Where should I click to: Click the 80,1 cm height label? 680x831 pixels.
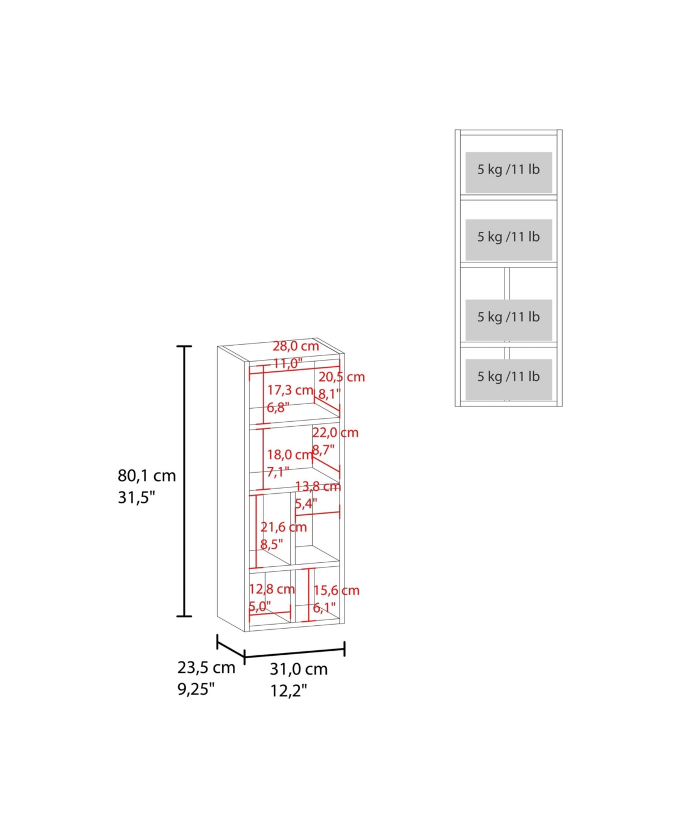pyautogui.click(x=147, y=476)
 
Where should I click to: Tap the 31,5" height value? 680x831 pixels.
pyautogui.click(x=137, y=498)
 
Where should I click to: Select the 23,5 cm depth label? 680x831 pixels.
pyautogui.click(x=206, y=668)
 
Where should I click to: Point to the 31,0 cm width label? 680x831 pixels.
pyautogui.click(x=299, y=669)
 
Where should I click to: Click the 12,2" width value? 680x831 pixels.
pyautogui.click(x=288, y=691)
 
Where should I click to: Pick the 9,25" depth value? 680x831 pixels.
pyautogui.click(x=196, y=689)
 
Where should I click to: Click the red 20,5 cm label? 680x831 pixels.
pyautogui.click(x=342, y=377)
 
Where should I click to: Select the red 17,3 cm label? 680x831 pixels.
pyautogui.click(x=290, y=390)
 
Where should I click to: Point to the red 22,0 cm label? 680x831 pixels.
pyautogui.click(x=335, y=433)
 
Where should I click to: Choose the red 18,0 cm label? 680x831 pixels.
pyautogui.click(x=290, y=455)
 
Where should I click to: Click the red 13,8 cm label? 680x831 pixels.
pyautogui.click(x=318, y=486)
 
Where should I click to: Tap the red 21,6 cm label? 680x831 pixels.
pyautogui.click(x=284, y=527)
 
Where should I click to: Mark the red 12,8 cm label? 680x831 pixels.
pyautogui.click(x=272, y=600)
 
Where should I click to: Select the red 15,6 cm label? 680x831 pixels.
pyautogui.click(x=337, y=601)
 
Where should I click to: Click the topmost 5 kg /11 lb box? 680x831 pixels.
pyautogui.click(x=509, y=172)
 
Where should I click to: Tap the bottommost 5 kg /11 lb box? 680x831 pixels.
pyautogui.click(x=509, y=379)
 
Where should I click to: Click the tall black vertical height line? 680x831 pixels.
pyautogui.click(x=184, y=481)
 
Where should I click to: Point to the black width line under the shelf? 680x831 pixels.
pyautogui.click(x=295, y=652)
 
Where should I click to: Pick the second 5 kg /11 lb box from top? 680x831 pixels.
pyautogui.click(x=509, y=240)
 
